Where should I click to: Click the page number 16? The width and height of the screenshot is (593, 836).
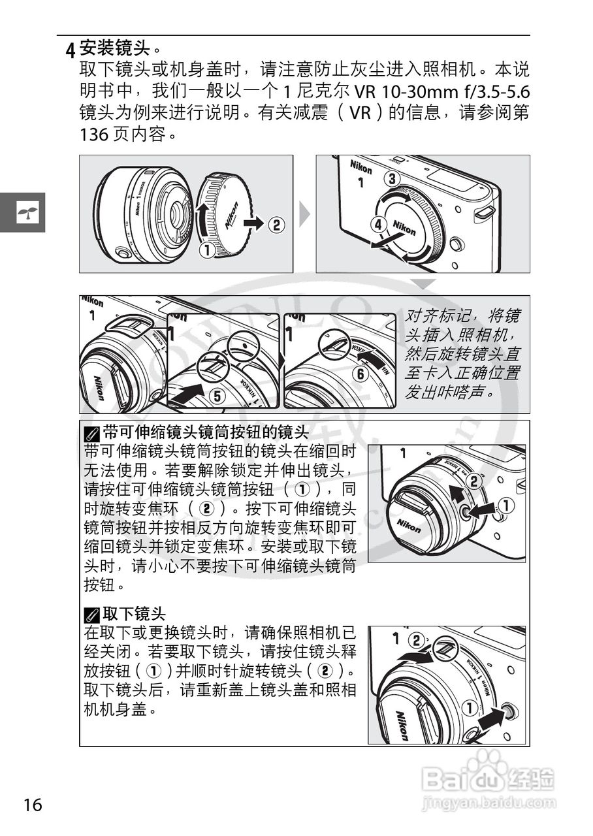[x=33, y=804]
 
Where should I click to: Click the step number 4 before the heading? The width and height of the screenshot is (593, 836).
[x=70, y=50]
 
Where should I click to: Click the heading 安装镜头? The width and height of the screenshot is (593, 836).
[x=116, y=48]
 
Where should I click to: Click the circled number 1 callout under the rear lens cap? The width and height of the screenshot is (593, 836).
[x=208, y=249]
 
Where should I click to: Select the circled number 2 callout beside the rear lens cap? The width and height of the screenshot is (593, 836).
[x=277, y=225]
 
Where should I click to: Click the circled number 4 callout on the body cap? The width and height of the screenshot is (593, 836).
[x=377, y=224]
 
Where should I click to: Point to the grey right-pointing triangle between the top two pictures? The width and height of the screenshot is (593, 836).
[x=304, y=214]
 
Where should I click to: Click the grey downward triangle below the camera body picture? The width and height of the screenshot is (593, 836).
[x=424, y=283]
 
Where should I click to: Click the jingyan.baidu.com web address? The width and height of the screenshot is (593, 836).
[x=489, y=801]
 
